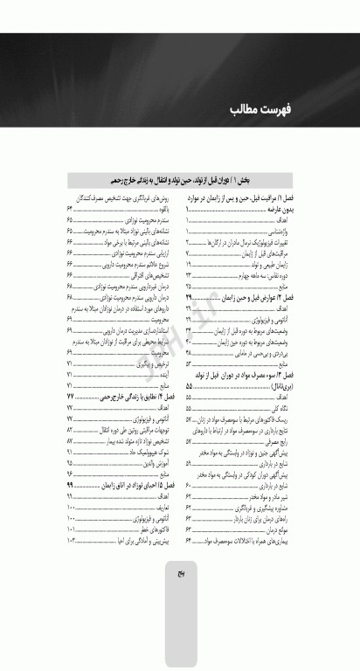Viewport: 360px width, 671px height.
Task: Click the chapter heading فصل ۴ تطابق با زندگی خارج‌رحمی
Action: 123,397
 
